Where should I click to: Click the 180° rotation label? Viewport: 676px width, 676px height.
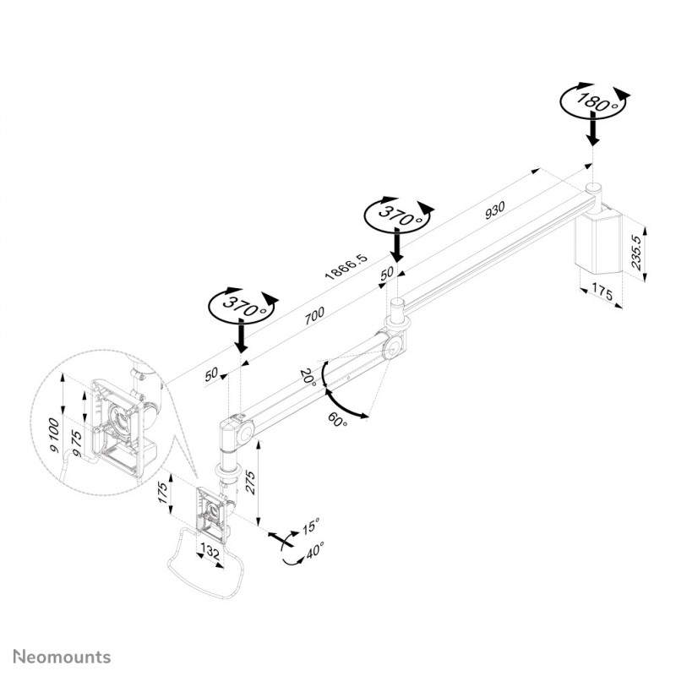tap(597, 102)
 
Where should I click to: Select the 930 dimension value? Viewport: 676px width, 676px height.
tap(494, 210)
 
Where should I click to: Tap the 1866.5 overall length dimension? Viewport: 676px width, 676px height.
tap(346, 266)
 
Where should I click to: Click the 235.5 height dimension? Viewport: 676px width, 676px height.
tap(636, 252)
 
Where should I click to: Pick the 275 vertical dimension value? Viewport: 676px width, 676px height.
tap(250, 482)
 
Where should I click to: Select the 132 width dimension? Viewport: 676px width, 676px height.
tap(210, 553)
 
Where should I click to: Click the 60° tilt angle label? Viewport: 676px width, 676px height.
tap(337, 419)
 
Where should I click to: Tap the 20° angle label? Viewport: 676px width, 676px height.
tap(308, 377)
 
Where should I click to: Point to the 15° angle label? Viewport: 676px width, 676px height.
tap(310, 526)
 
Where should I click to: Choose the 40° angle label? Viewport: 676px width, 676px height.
tap(314, 550)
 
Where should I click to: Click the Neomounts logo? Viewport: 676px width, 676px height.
tap(62, 657)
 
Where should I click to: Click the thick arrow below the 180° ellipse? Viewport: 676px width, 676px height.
tap(594, 132)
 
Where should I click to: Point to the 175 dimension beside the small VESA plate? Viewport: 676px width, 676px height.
tap(162, 493)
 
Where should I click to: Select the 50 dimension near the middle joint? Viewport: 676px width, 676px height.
tap(387, 273)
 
